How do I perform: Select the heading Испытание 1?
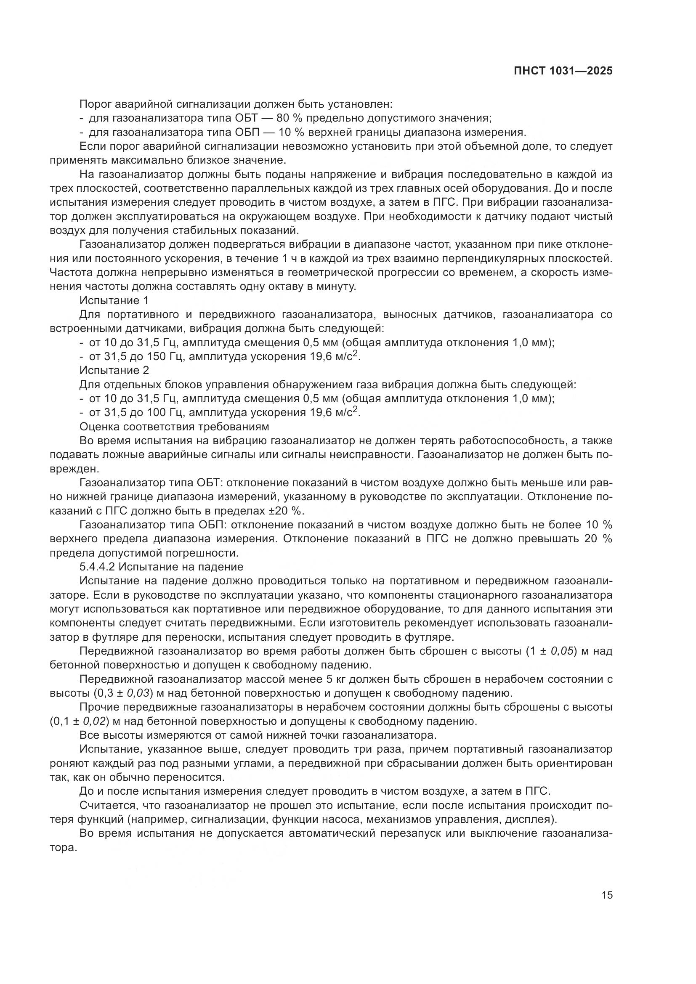pos(114,300)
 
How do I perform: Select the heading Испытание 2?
pos(114,370)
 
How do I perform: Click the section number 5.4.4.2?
pos(98,567)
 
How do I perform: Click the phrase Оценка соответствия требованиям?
pos(175,427)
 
